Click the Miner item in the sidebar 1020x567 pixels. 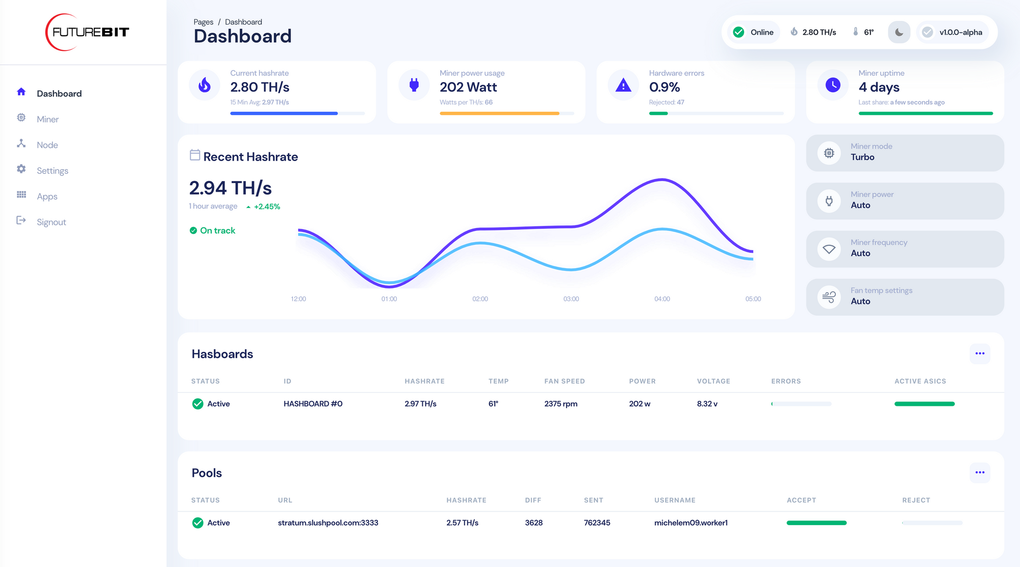[47, 119]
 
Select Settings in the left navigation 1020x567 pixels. [52, 171]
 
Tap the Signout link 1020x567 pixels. [51, 222]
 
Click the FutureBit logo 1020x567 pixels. [88, 32]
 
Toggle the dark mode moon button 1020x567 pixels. [899, 32]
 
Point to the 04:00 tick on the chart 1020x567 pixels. [662, 299]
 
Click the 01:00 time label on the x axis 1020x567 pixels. [389, 299]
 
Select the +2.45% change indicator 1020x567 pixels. [266, 207]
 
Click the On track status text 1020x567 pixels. [217, 230]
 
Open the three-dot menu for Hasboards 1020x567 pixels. [980, 353]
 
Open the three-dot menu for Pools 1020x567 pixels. [980, 473]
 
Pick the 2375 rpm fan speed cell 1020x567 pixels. [560, 404]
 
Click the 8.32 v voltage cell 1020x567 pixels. [707, 404]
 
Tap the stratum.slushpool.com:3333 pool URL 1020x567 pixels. [328, 523]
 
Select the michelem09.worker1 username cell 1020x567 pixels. [691, 523]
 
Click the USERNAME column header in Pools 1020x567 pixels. [675, 500]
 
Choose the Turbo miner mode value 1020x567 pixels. [862, 157]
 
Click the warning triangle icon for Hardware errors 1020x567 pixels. [623, 85]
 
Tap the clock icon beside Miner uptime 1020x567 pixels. [833, 85]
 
